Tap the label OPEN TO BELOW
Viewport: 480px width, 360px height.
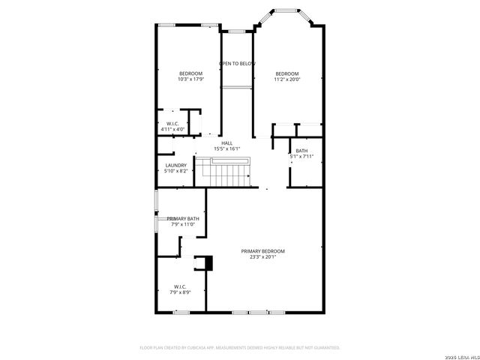click(237, 64)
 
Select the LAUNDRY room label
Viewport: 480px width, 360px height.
click(175, 165)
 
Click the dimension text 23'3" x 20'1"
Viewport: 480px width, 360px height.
click(262, 257)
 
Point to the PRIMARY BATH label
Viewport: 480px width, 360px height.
click(182, 218)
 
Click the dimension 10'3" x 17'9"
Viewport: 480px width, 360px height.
click(190, 79)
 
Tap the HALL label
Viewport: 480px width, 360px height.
click(226, 143)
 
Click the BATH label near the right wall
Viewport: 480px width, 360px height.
click(301, 151)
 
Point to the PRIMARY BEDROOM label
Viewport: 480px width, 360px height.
click(262, 250)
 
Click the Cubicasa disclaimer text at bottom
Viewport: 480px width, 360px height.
click(240, 347)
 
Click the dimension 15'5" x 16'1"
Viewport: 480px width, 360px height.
click(226, 149)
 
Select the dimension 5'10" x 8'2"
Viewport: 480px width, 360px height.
click(175, 171)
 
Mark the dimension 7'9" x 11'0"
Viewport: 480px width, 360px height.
click(182, 224)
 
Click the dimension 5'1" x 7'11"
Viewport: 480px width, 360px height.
click(301, 157)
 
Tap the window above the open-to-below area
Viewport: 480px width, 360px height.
click(237, 31)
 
